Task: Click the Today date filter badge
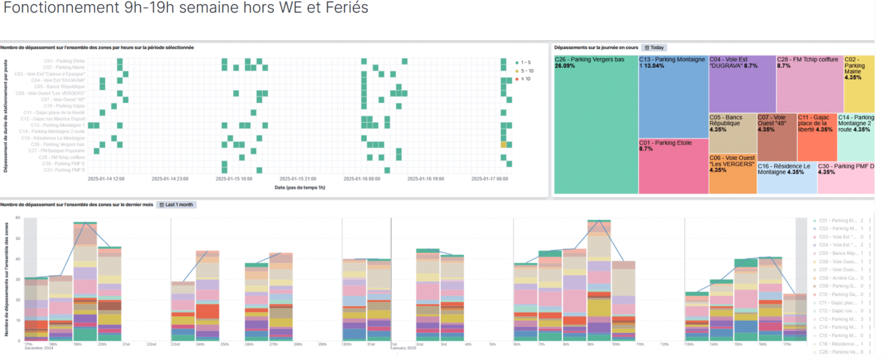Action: (x=654, y=47)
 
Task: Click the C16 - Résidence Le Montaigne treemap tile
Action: (x=786, y=178)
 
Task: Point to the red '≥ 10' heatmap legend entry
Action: (x=523, y=78)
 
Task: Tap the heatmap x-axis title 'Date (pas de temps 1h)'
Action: (x=300, y=187)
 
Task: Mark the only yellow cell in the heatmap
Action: (x=503, y=145)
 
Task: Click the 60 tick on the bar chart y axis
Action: (x=18, y=218)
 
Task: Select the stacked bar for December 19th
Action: (x=85, y=282)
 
